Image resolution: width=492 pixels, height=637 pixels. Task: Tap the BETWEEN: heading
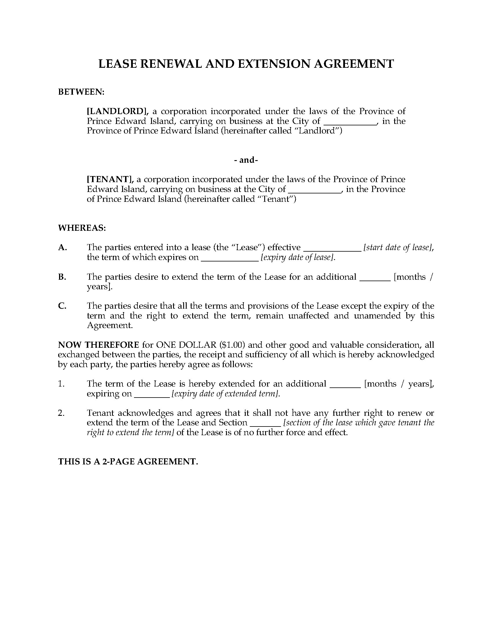tap(81, 92)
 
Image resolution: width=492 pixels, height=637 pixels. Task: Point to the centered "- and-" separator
tap(246, 160)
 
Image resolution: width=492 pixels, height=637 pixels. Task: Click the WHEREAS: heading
tap(82, 228)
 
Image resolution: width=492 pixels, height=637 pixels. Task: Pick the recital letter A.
tap(63, 247)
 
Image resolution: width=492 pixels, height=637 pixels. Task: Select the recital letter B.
tap(62, 277)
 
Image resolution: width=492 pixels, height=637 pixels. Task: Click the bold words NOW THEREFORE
tap(98, 345)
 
